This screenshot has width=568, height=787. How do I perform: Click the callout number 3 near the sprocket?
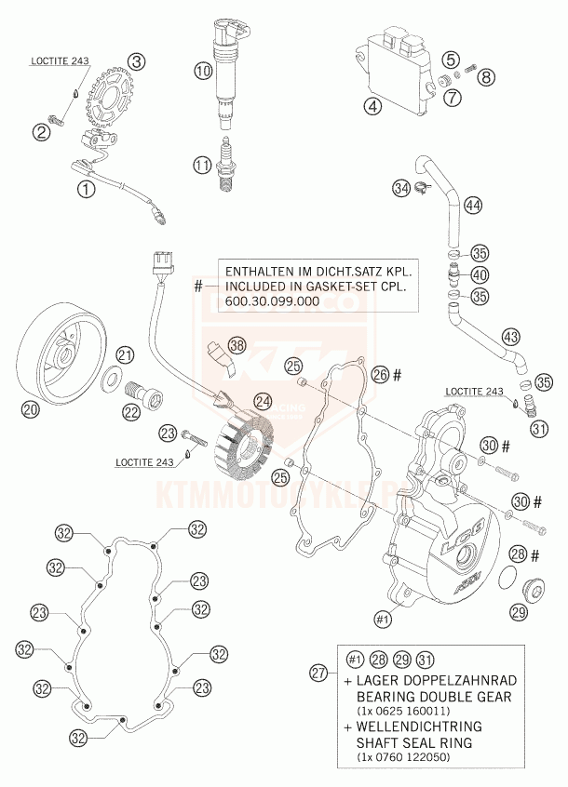click(137, 61)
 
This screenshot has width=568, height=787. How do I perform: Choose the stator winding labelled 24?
click(245, 446)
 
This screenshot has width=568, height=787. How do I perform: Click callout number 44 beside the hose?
click(473, 205)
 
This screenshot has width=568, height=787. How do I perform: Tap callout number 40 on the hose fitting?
click(479, 274)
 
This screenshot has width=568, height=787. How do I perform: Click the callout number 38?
click(237, 346)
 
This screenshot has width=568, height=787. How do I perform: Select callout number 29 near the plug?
click(519, 610)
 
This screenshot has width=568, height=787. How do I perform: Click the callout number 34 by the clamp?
click(401, 189)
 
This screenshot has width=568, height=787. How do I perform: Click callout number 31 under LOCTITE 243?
click(539, 428)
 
